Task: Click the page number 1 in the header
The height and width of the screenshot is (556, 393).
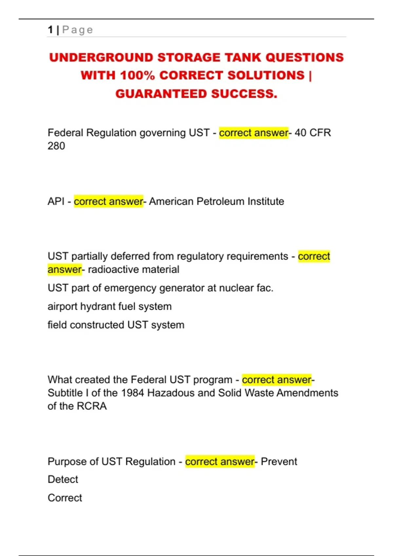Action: (x=50, y=30)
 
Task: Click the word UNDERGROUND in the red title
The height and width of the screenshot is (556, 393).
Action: (x=101, y=58)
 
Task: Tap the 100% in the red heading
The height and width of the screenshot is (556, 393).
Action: (x=137, y=76)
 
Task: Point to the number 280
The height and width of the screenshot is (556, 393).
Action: (x=56, y=146)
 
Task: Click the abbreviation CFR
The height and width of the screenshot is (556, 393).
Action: (x=320, y=133)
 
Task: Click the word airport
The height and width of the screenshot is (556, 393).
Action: (x=62, y=307)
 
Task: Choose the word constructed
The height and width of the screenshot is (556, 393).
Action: (x=97, y=325)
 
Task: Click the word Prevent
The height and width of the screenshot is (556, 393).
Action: (x=279, y=461)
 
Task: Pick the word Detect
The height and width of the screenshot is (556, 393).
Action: (x=63, y=479)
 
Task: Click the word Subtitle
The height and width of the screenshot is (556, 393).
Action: (x=65, y=393)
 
